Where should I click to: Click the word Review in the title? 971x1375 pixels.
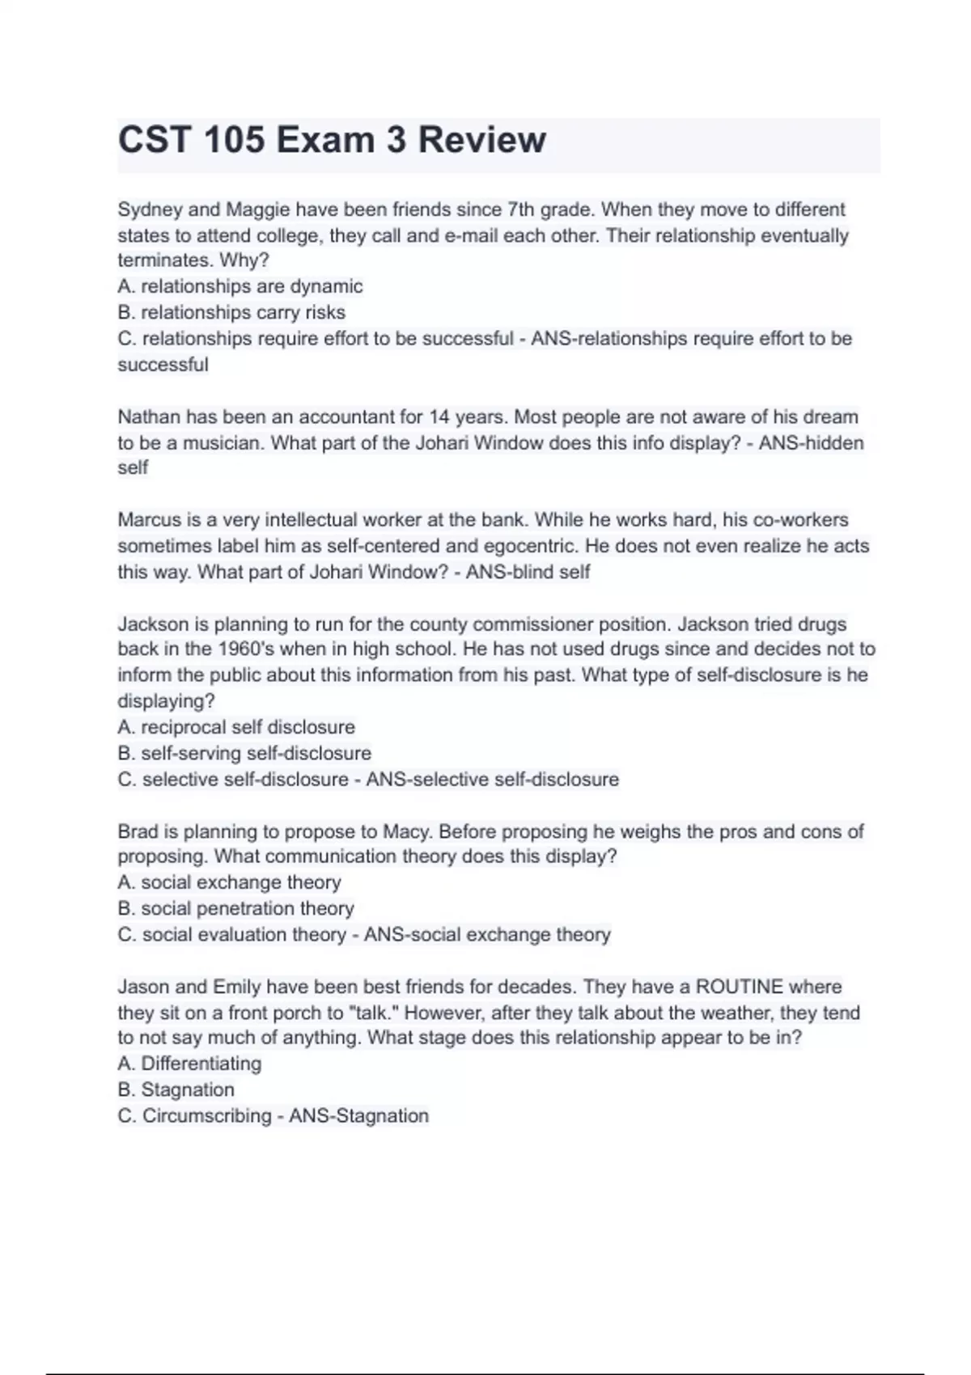pos(481,140)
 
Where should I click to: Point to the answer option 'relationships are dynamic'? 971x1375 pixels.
pos(251,286)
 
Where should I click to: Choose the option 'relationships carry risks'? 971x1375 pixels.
pos(243,312)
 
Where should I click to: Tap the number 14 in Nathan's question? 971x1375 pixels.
pos(439,417)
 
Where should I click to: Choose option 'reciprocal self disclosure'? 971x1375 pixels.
pos(248,727)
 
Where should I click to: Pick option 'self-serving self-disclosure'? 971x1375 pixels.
pos(256,753)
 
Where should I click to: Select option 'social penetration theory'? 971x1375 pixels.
pos(248,908)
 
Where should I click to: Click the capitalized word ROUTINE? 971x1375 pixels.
pos(739,987)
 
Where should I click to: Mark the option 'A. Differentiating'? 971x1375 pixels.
pos(189,1064)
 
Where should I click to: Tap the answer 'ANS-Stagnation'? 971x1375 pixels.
pos(358,1116)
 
